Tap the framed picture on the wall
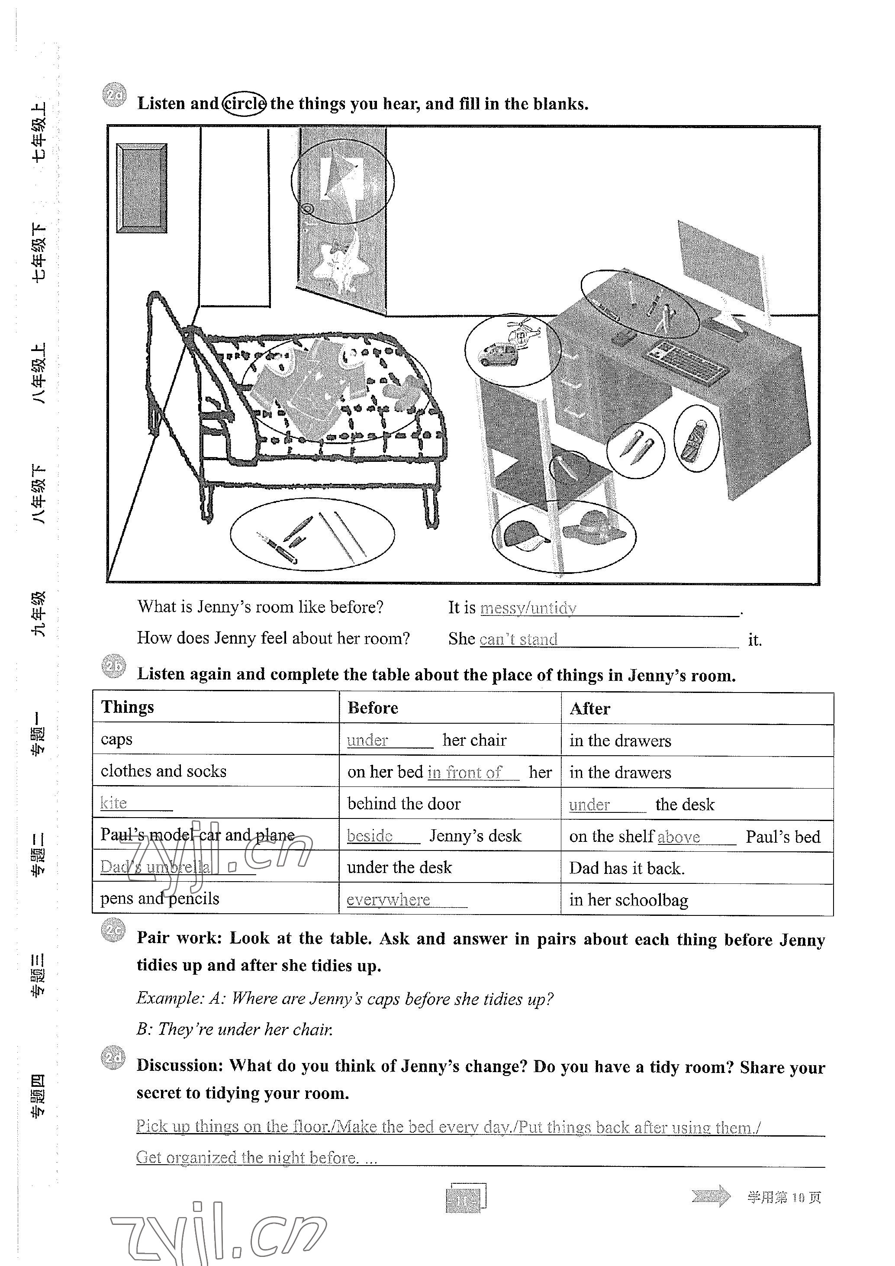pyautogui.click(x=141, y=188)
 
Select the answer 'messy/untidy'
pyautogui.click(x=528, y=608)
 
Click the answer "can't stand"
pyautogui.click(x=518, y=639)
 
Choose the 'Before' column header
pyautogui.click(x=373, y=708)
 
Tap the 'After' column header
pyautogui.click(x=590, y=709)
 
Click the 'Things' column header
pyautogui.click(x=127, y=707)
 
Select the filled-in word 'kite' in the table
pyautogui.click(x=113, y=803)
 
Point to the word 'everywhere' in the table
pyautogui.click(x=388, y=899)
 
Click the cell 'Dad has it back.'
pyautogui.click(x=627, y=868)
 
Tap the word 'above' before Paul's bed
pyautogui.click(x=679, y=837)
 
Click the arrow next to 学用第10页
pyautogui.click(x=711, y=1196)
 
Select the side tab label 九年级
pyautogui.click(x=39, y=614)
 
